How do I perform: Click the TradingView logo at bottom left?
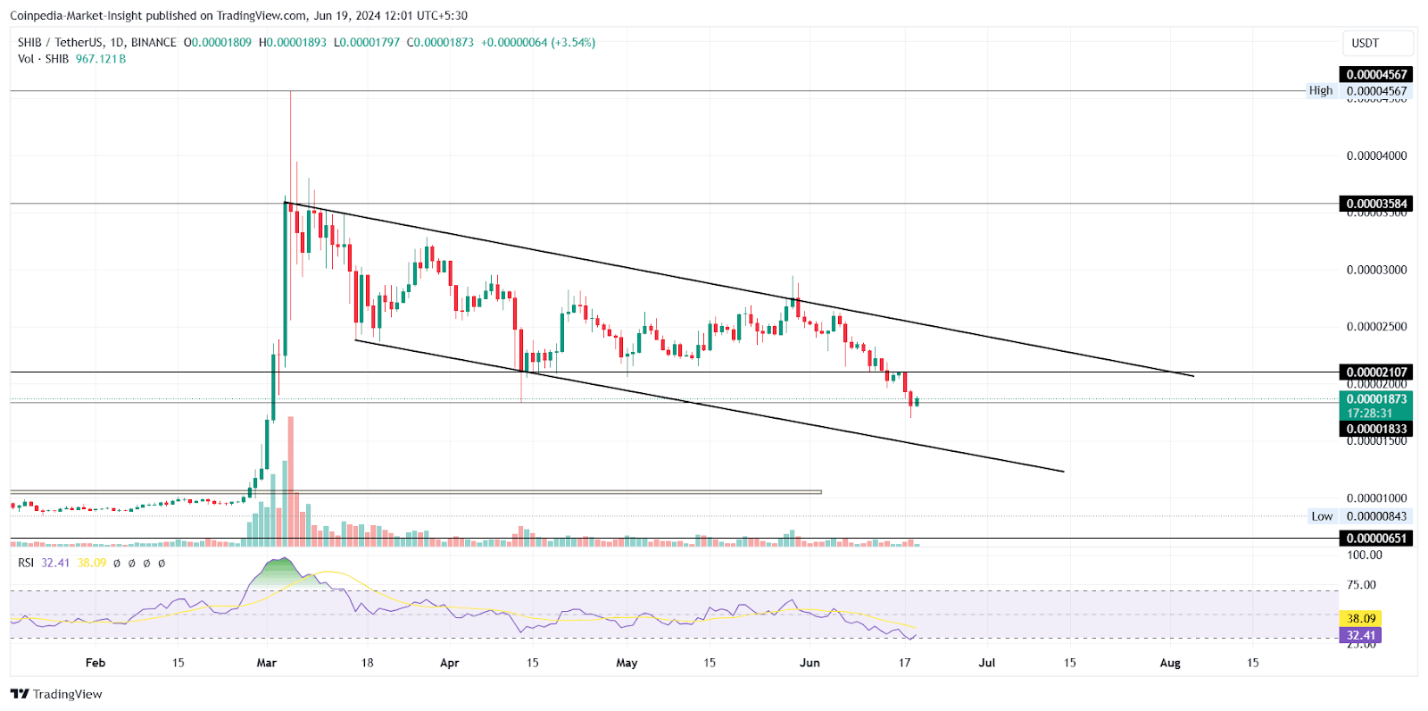click(x=56, y=694)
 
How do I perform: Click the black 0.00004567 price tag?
click(x=1375, y=74)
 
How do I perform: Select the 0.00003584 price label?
click(x=1375, y=204)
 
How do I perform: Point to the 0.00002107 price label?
click(x=1375, y=372)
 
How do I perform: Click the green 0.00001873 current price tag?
click(x=1375, y=399)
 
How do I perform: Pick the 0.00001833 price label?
click(x=1375, y=429)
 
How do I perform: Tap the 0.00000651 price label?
click(x=1375, y=538)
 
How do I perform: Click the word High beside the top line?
click(x=1320, y=90)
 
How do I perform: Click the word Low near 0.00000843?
click(x=1321, y=516)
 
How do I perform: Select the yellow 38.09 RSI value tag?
click(x=1361, y=618)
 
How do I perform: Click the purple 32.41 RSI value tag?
click(x=1361, y=635)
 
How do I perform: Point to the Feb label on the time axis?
click(x=95, y=663)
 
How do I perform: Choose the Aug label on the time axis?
click(x=1169, y=663)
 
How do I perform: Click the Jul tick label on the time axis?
click(x=986, y=663)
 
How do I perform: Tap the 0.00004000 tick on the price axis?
click(x=1375, y=155)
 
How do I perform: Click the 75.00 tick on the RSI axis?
click(x=1361, y=585)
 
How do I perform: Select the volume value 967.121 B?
click(x=101, y=59)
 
